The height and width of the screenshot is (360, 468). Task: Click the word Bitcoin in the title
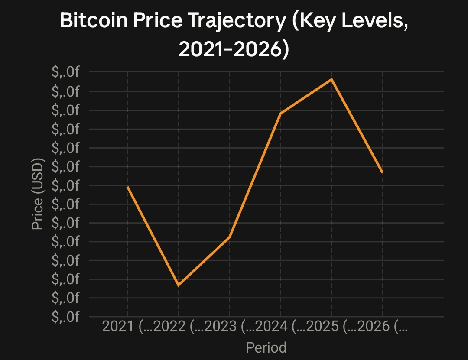[x=94, y=20]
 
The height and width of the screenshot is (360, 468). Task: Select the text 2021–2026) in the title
[x=234, y=49]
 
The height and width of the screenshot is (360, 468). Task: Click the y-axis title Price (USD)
[x=38, y=194]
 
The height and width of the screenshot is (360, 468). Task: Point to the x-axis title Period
[x=266, y=348]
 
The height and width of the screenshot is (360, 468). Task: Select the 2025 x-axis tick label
[x=322, y=326]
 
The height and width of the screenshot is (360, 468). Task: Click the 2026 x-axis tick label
[x=374, y=326]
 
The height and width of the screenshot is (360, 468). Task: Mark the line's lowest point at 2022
[x=179, y=285]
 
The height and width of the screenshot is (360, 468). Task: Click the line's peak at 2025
[x=331, y=79]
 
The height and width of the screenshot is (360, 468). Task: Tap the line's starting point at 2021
[x=127, y=187]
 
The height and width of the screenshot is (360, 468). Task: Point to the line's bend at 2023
[x=230, y=237]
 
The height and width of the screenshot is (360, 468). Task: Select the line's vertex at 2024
[x=280, y=113]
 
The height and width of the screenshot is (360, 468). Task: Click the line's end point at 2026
[x=383, y=172]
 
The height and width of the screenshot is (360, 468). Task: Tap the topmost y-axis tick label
[x=65, y=72]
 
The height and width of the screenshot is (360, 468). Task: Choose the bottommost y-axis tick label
[x=65, y=316]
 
